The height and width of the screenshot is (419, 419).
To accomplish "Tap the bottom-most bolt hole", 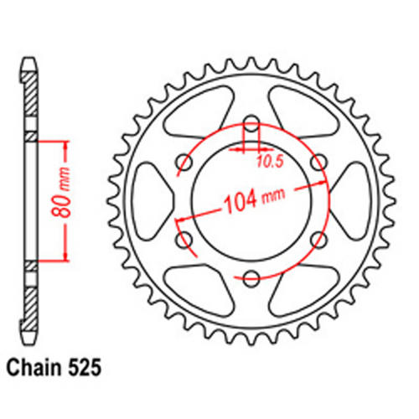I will tap(251, 277).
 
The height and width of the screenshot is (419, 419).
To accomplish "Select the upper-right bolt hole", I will tap(318, 162).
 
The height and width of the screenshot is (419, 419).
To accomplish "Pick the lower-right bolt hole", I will tap(318, 240).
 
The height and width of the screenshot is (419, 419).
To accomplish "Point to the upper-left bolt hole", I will tap(184, 162).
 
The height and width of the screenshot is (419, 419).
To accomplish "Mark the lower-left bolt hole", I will tap(184, 241).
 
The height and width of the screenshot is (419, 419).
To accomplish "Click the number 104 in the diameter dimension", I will tap(241, 202).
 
